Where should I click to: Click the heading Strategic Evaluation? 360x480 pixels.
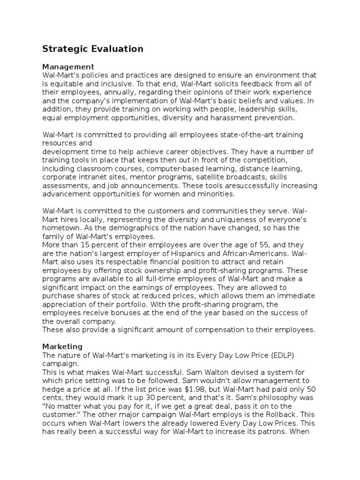click(x=93, y=49)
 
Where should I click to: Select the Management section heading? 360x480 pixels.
click(x=68, y=67)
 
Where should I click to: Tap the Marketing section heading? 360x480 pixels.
click(x=62, y=346)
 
